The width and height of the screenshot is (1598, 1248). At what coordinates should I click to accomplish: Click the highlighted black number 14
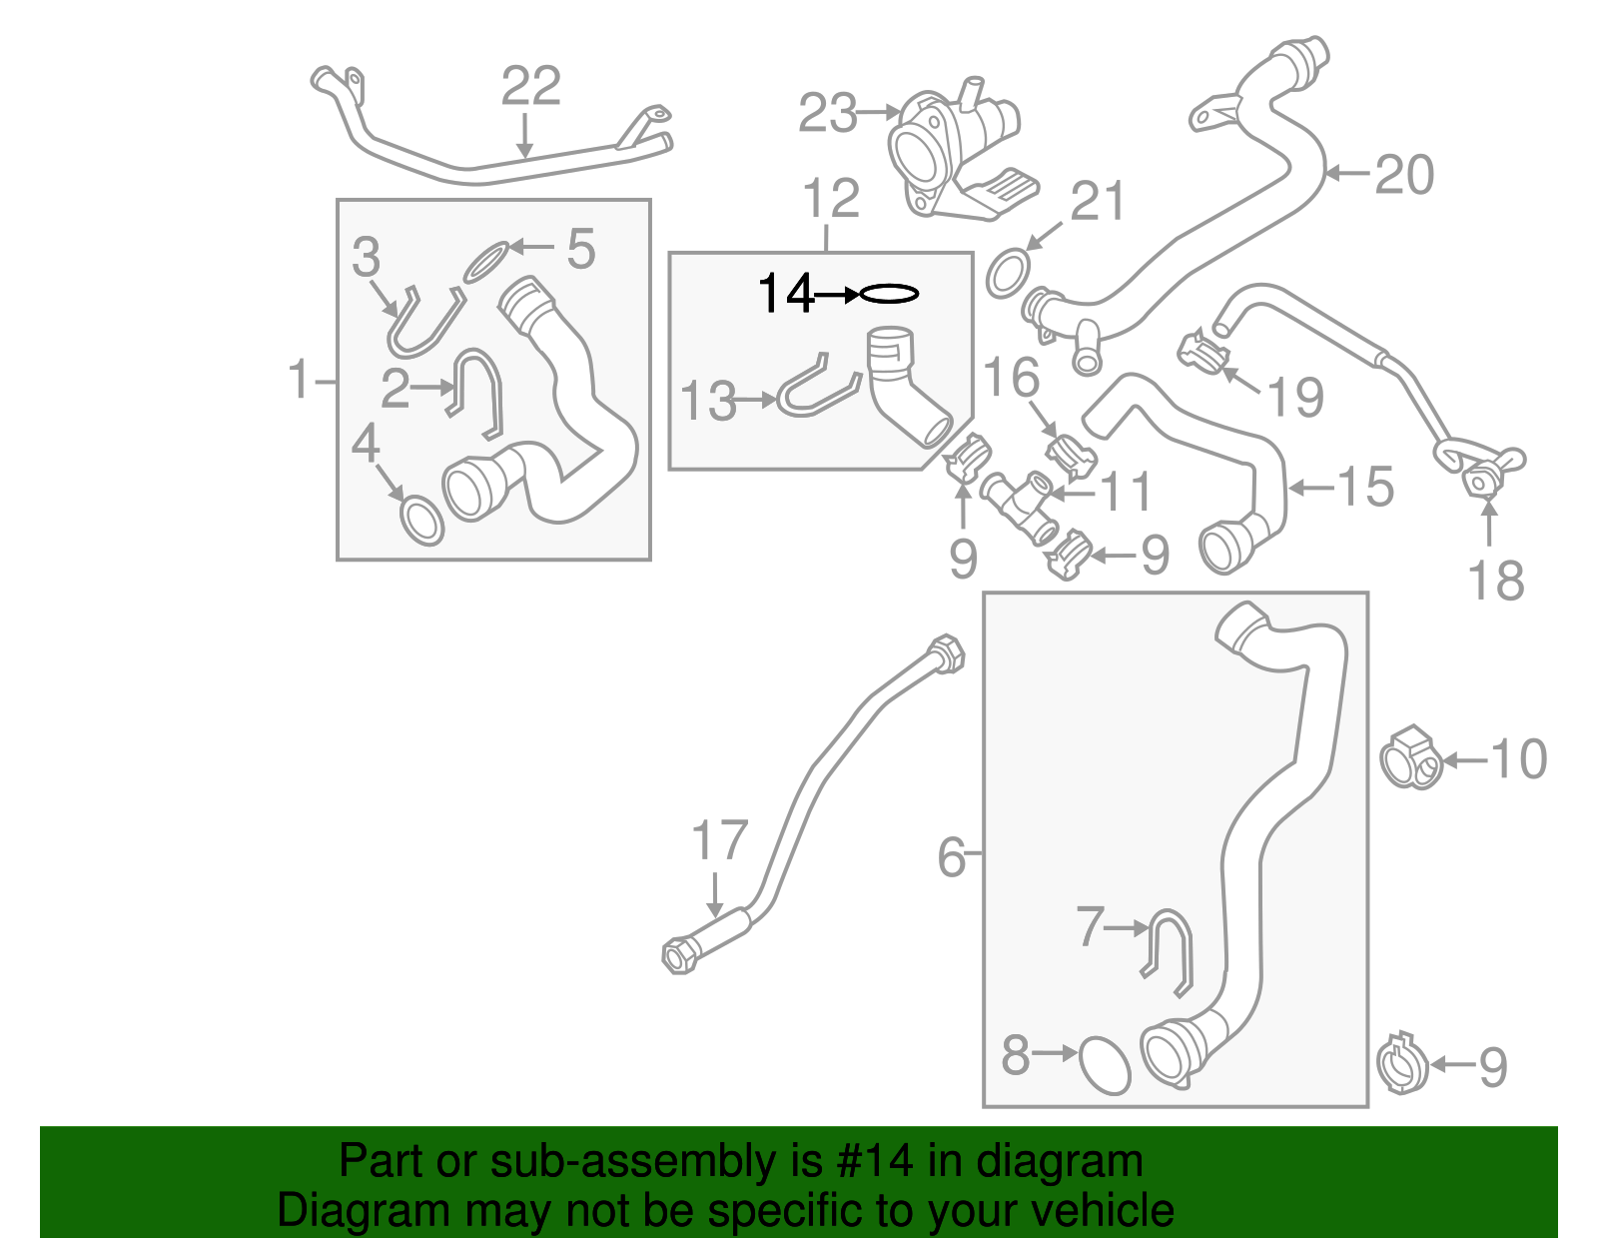tap(786, 294)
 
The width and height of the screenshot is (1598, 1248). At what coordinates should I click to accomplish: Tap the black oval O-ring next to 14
tap(889, 294)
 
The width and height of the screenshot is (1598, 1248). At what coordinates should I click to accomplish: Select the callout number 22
tap(530, 86)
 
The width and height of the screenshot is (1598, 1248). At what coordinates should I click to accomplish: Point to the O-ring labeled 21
tap(1009, 272)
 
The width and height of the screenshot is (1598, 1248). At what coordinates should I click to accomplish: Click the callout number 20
tap(1404, 175)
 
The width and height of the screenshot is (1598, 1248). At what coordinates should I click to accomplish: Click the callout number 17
tap(719, 840)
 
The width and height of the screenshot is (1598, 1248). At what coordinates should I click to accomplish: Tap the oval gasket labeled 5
tap(486, 262)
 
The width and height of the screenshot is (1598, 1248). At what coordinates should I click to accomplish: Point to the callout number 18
tap(1495, 582)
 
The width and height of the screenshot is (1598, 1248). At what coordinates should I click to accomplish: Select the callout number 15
tap(1365, 488)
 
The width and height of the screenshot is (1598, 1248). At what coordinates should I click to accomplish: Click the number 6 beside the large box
tap(951, 858)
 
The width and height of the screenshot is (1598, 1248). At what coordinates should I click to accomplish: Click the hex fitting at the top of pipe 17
tap(947, 654)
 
